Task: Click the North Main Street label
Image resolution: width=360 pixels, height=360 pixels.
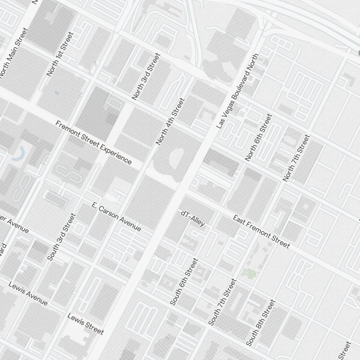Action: (14, 53)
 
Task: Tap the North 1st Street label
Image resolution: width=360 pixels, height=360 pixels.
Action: (60, 54)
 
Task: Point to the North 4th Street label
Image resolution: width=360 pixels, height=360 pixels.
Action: (170, 121)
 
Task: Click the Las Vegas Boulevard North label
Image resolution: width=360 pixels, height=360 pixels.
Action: (238, 91)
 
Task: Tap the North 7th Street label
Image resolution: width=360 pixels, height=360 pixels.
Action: (296, 158)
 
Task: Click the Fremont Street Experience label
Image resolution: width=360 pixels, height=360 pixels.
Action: (94, 142)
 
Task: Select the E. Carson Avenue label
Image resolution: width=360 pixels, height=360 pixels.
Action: (116, 217)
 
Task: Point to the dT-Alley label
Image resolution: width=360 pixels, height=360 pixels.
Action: (193, 219)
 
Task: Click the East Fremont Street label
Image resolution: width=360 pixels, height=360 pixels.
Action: (261, 231)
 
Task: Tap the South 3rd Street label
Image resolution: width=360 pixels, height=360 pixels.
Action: (62, 237)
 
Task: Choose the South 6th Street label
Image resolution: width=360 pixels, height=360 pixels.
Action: (184, 282)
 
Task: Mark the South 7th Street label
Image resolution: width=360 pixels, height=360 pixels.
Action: (222, 302)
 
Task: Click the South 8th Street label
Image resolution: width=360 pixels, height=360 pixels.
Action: (261, 323)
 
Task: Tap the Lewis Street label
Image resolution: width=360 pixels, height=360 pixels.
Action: (86, 324)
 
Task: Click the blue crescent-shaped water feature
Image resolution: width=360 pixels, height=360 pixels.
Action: (19, 154)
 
